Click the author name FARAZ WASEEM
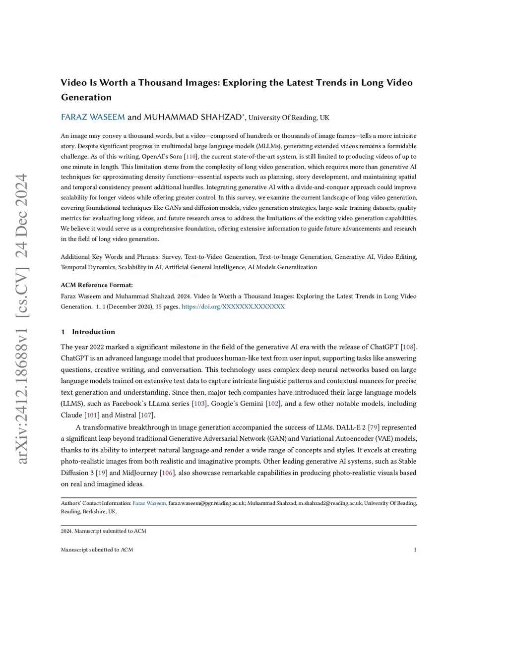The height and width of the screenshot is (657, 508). pos(93,117)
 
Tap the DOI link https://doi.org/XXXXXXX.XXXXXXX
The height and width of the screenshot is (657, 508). pos(233,306)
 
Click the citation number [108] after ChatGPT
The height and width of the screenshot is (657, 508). pos(408,347)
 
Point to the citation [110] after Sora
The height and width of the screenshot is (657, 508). pos(191,156)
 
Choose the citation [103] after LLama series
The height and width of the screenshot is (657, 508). pos(199,404)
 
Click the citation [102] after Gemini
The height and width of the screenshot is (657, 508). pos(273,404)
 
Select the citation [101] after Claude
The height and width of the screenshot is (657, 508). pos(92,415)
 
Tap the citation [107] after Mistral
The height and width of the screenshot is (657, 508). pos(146,415)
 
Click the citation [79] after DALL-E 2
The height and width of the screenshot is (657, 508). pos(374,427)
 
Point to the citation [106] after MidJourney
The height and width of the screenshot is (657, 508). pos(167,473)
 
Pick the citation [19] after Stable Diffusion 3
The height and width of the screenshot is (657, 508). pos(101,473)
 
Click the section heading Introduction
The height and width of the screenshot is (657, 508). pos(93,332)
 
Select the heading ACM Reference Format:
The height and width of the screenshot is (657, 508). pos(97,285)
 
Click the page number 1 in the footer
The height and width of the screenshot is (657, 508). pos(415,549)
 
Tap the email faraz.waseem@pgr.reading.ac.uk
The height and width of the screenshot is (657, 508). pos(206,503)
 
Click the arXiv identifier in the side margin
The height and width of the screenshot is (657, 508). pos(22,320)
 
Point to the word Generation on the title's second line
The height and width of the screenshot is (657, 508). pos(86,97)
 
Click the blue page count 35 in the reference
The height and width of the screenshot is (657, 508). pos(158,306)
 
